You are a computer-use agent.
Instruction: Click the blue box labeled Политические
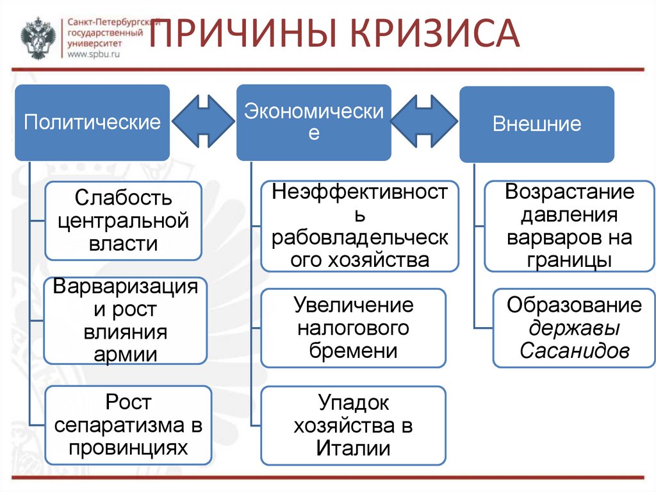(x=92, y=123)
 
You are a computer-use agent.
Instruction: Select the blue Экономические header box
(x=314, y=123)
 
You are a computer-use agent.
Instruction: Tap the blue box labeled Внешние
(x=537, y=124)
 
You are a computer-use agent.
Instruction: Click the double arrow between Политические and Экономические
(x=203, y=120)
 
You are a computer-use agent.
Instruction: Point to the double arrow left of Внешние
(x=424, y=120)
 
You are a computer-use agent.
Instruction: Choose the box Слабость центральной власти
(x=124, y=220)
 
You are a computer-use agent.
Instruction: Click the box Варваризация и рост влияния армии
(x=126, y=320)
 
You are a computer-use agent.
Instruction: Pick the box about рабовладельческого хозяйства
(x=360, y=226)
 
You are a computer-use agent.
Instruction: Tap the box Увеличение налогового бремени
(x=353, y=328)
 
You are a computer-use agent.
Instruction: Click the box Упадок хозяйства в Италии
(x=353, y=425)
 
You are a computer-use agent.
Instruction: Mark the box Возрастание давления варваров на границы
(x=569, y=226)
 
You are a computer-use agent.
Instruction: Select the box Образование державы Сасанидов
(x=574, y=328)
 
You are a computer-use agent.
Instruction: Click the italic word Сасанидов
(x=574, y=352)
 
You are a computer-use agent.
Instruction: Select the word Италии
(x=353, y=448)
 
